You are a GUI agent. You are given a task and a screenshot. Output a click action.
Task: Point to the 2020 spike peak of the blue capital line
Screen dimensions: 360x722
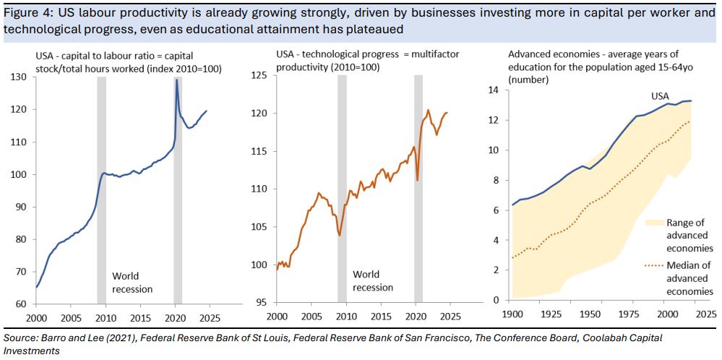tap(176, 80)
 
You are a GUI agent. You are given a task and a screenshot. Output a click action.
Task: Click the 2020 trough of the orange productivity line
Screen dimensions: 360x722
tap(418, 179)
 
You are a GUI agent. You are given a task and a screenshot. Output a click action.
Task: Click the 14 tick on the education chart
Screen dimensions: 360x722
tap(494, 90)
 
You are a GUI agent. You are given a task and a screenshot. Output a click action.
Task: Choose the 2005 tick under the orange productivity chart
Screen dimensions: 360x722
tap(311, 317)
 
